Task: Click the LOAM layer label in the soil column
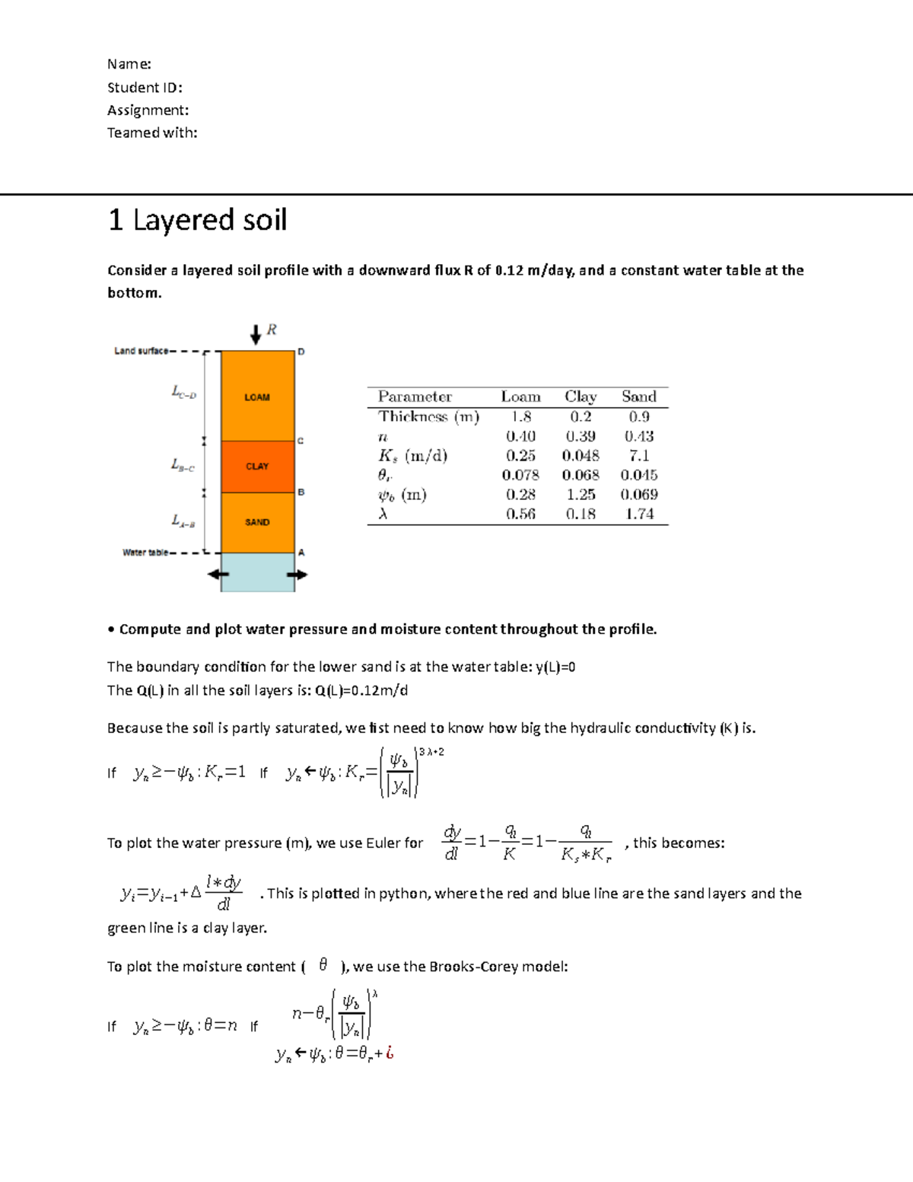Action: point(257,397)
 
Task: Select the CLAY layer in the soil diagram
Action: point(257,466)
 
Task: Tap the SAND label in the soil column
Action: point(257,522)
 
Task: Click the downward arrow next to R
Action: point(256,333)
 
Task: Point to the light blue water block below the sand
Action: point(257,572)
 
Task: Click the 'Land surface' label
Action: point(141,351)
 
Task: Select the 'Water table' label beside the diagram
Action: point(145,553)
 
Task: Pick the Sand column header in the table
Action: point(638,397)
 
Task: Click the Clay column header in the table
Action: point(581,397)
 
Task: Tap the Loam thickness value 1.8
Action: point(521,416)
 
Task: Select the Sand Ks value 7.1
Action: point(639,455)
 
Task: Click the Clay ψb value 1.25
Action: point(581,494)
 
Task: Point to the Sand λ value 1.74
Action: point(639,514)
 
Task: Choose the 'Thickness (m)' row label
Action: point(428,416)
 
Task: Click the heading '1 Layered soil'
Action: point(197,220)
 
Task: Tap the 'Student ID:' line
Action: point(145,88)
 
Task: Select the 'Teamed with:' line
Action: point(152,132)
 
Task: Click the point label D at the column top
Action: point(301,352)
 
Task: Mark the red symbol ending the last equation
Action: point(390,1053)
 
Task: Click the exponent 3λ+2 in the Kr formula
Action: point(431,752)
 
